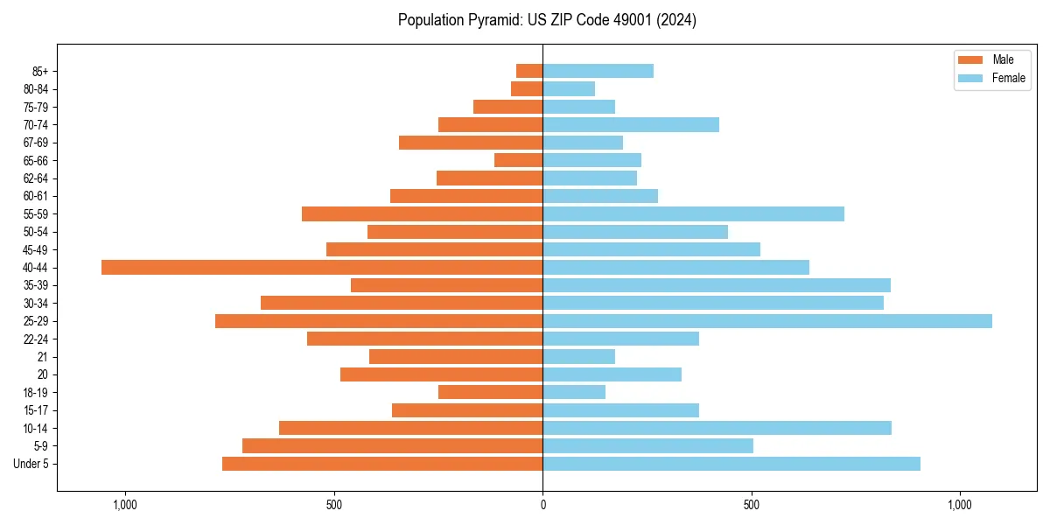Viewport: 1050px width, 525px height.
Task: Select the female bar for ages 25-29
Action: (x=767, y=321)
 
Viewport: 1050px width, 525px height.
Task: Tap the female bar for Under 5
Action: (x=731, y=464)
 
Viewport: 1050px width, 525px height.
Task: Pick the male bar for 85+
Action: (x=529, y=71)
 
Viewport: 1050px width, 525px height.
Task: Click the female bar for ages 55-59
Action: (x=693, y=213)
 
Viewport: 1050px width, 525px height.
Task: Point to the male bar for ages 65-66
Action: (x=518, y=160)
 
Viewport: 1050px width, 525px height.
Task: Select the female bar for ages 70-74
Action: (x=631, y=124)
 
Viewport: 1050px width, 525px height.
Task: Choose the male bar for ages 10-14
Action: (x=410, y=428)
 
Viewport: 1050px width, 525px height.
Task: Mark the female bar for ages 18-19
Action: (x=574, y=392)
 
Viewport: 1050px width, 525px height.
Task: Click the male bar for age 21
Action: (x=456, y=356)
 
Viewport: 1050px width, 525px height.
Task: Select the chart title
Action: (x=547, y=20)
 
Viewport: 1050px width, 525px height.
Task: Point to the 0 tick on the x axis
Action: (x=542, y=505)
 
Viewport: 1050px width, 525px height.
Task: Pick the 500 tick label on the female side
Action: (x=752, y=505)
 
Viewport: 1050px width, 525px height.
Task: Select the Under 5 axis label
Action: (x=31, y=464)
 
